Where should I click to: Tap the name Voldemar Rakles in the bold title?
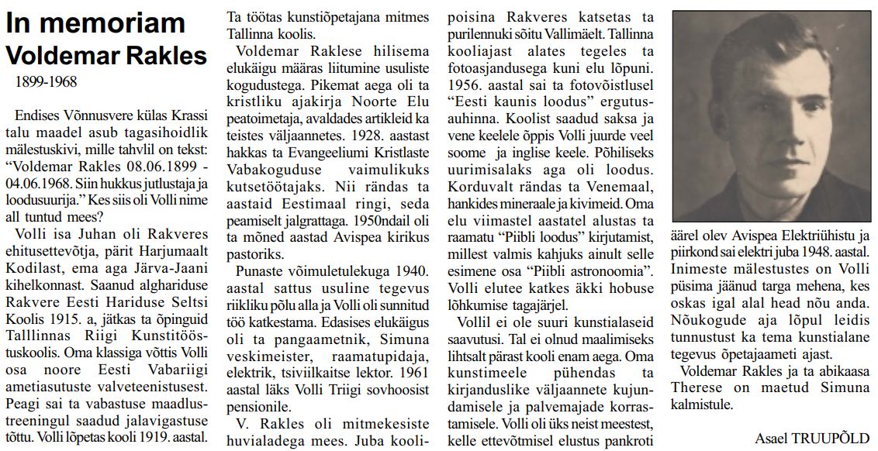pyautogui.click(x=106, y=56)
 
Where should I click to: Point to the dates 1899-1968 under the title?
pyautogui.click(x=46, y=81)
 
